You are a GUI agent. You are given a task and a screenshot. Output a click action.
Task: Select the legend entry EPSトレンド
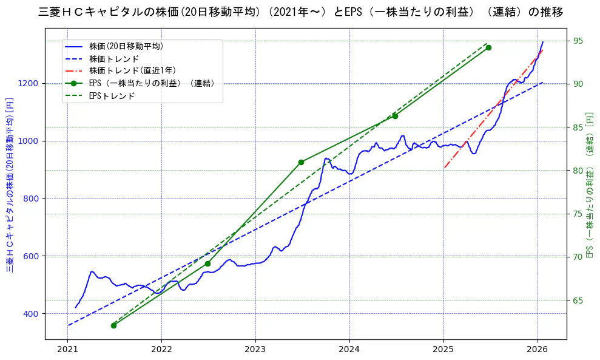pyautogui.click(x=112, y=96)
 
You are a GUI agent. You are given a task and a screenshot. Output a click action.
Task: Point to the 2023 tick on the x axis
pyautogui.click(x=255, y=350)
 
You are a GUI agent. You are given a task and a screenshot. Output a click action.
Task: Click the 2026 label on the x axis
pyautogui.click(x=537, y=350)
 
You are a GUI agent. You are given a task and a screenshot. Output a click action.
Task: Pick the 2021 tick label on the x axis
pyautogui.click(x=67, y=350)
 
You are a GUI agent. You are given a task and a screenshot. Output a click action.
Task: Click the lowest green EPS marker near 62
pyautogui.click(x=113, y=325)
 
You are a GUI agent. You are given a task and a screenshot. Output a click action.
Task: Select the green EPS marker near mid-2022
pyautogui.click(x=207, y=263)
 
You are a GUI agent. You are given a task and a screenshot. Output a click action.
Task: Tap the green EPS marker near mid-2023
pyautogui.click(x=301, y=162)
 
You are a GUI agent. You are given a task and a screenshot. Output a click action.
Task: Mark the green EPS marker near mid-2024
pyautogui.click(x=395, y=116)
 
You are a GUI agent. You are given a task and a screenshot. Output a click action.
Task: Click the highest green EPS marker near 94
pyautogui.click(x=488, y=47)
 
